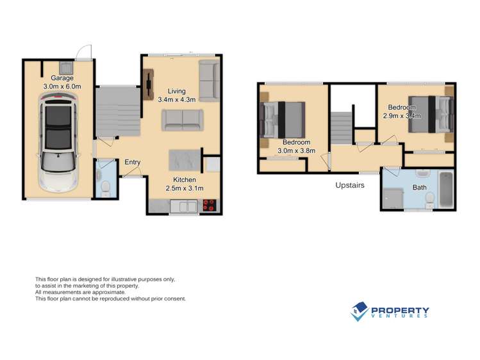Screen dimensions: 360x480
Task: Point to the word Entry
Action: [133, 162]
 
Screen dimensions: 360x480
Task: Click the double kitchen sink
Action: [187, 206]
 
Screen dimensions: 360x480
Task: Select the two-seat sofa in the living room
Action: [182, 119]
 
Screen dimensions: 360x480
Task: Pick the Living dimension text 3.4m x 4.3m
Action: [177, 99]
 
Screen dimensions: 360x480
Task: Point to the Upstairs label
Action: [350, 185]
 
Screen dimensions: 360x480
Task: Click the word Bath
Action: [420, 188]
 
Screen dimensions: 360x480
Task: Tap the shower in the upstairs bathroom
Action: [392, 199]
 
